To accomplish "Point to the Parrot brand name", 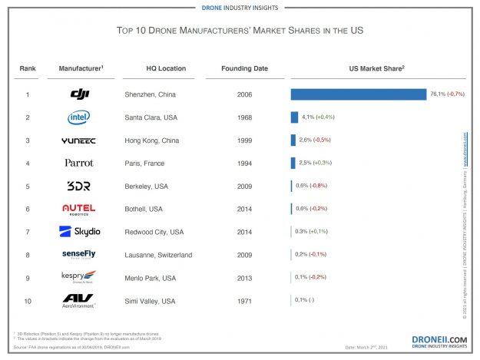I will click(x=80, y=163).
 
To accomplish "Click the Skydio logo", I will click(x=80, y=231).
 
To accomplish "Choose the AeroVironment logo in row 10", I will click(x=80, y=300).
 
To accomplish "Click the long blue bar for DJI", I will click(x=358, y=94).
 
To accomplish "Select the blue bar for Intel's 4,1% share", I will click(x=294, y=117).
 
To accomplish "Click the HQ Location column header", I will click(x=166, y=68).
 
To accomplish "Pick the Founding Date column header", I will click(x=244, y=68).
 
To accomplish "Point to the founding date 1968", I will click(x=244, y=117).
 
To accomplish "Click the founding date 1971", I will click(x=244, y=301).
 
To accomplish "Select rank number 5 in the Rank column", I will click(x=28, y=186).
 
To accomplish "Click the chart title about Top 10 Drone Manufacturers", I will click(x=240, y=31).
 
